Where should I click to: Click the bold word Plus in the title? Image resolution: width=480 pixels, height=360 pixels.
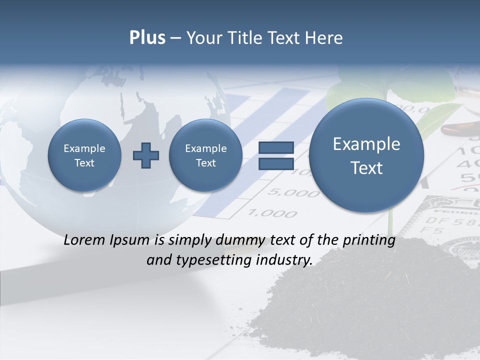147,38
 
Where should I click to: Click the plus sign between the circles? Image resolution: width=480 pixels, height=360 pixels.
146,155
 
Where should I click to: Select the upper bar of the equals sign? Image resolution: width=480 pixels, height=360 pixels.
276,148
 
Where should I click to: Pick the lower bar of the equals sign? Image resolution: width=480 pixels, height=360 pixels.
276,163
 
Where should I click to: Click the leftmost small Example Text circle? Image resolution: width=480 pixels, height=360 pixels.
84,155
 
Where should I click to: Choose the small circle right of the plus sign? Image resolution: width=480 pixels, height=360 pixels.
205,155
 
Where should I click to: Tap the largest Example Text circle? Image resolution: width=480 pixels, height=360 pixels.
366,155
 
